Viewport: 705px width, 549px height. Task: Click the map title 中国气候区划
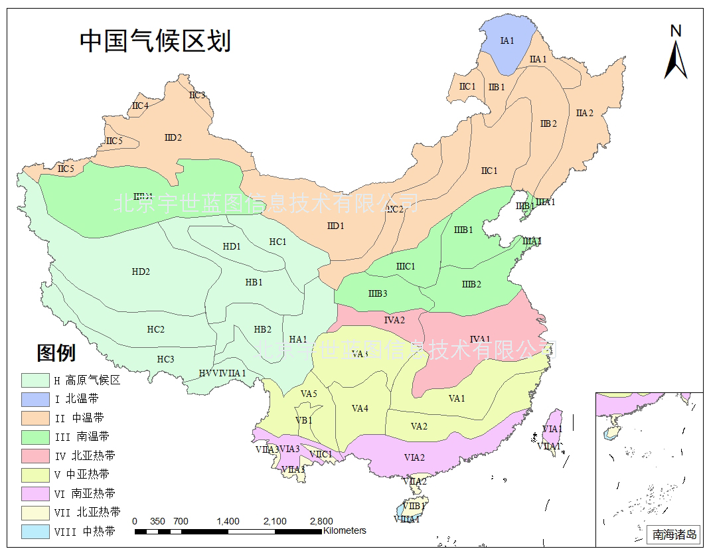(x=155, y=41)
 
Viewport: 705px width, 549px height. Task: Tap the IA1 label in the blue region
(x=507, y=40)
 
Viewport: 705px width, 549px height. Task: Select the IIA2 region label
(x=584, y=114)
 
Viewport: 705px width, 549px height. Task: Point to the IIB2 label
(x=548, y=123)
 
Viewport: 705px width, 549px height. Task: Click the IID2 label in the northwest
(x=173, y=137)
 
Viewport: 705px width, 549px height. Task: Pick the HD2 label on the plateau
(x=141, y=272)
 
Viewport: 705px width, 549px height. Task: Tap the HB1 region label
(x=254, y=282)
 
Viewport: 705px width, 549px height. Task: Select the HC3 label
(x=165, y=359)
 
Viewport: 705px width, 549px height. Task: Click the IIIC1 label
(x=406, y=266)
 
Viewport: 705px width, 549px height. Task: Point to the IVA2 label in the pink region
(x=394, y=320)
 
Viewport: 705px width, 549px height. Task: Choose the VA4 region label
(x=360, y=408)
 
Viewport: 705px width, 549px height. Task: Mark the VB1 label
(x=304, y=420)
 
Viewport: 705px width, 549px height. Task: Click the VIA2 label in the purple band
(x=414, y=457)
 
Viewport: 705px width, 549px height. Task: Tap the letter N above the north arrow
(x=676, y=31)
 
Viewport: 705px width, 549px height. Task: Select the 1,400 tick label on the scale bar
(x=228, y=521)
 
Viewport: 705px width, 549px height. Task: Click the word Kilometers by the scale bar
(x=345, y=530)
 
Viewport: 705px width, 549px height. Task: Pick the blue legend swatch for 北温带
(x=35, y=399)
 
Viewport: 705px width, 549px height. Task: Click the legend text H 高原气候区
(x=87, y=380)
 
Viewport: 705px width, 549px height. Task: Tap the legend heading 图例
(x=56, y=353)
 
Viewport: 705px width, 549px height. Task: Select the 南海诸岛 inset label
(x=674, y=534)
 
